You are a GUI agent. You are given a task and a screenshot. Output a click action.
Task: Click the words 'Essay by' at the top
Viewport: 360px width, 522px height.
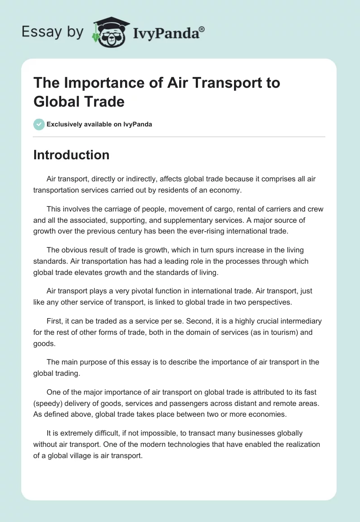[52, 32]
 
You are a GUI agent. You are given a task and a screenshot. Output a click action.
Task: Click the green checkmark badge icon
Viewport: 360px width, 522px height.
[39, 124]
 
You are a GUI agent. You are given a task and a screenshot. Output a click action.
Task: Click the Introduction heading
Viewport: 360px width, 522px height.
[72, 155]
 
